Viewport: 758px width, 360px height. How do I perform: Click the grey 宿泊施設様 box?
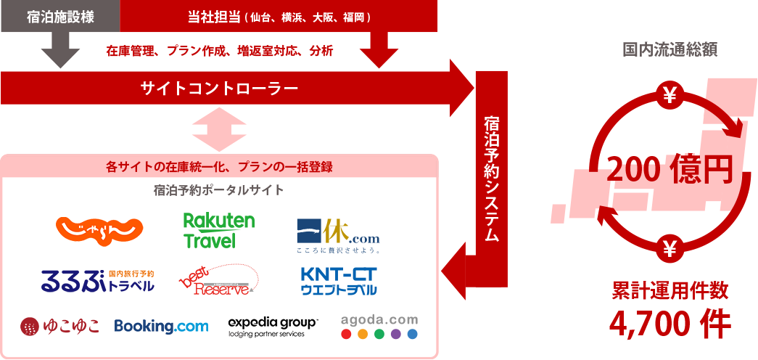click(60, 17)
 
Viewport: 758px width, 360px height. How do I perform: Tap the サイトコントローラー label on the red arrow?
click(219, 89)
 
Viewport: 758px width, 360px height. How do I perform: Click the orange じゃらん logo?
click(99, 232)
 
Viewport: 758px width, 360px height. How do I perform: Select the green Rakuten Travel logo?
click(219, 230)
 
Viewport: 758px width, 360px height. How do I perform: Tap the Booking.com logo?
click(161, 327)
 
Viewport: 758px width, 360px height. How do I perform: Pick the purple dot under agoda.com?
click(396, 335)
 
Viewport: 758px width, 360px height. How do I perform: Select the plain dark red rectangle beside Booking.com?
click(59, 327)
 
